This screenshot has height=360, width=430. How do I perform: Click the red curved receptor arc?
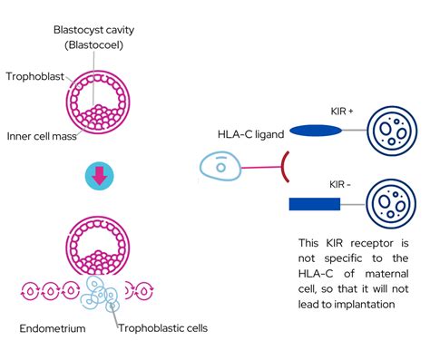click(x=287, y=168)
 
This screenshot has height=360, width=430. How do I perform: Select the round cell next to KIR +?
click(x=392, y=131)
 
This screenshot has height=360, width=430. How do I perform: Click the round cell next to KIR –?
click(x=392, y=204)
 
